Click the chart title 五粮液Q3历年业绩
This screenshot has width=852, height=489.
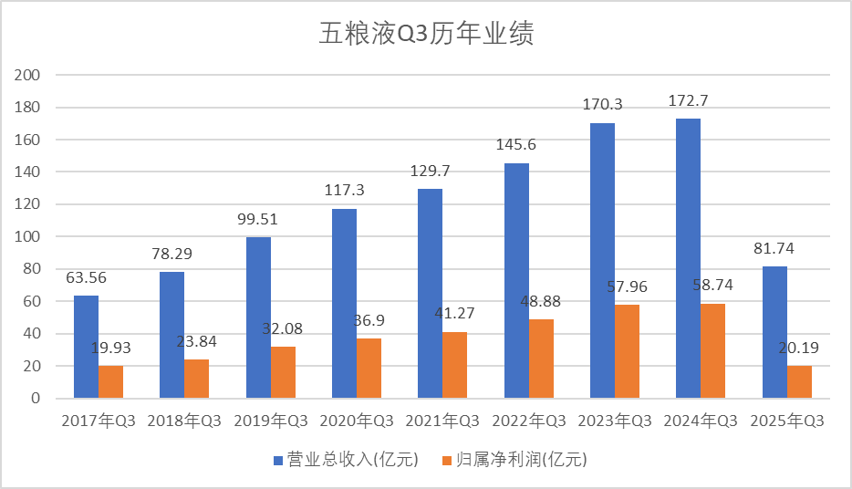click(425, 34)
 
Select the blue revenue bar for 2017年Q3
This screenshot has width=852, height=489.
click(86, 347)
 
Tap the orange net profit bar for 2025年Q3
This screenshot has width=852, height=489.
click(799, 382)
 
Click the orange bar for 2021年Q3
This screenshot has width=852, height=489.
click(454, 365)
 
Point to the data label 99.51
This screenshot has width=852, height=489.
click(257, 220)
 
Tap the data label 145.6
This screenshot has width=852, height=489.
click(516, 145)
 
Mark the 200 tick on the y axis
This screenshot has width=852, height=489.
click(30, 75)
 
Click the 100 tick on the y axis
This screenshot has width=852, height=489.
click(30, 237)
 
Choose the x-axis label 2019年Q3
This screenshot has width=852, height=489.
click(270, 421)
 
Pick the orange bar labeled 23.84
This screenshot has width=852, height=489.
click(196, 379)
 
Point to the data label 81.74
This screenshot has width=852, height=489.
click(774, 249)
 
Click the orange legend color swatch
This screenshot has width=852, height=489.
click(446, 460)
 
